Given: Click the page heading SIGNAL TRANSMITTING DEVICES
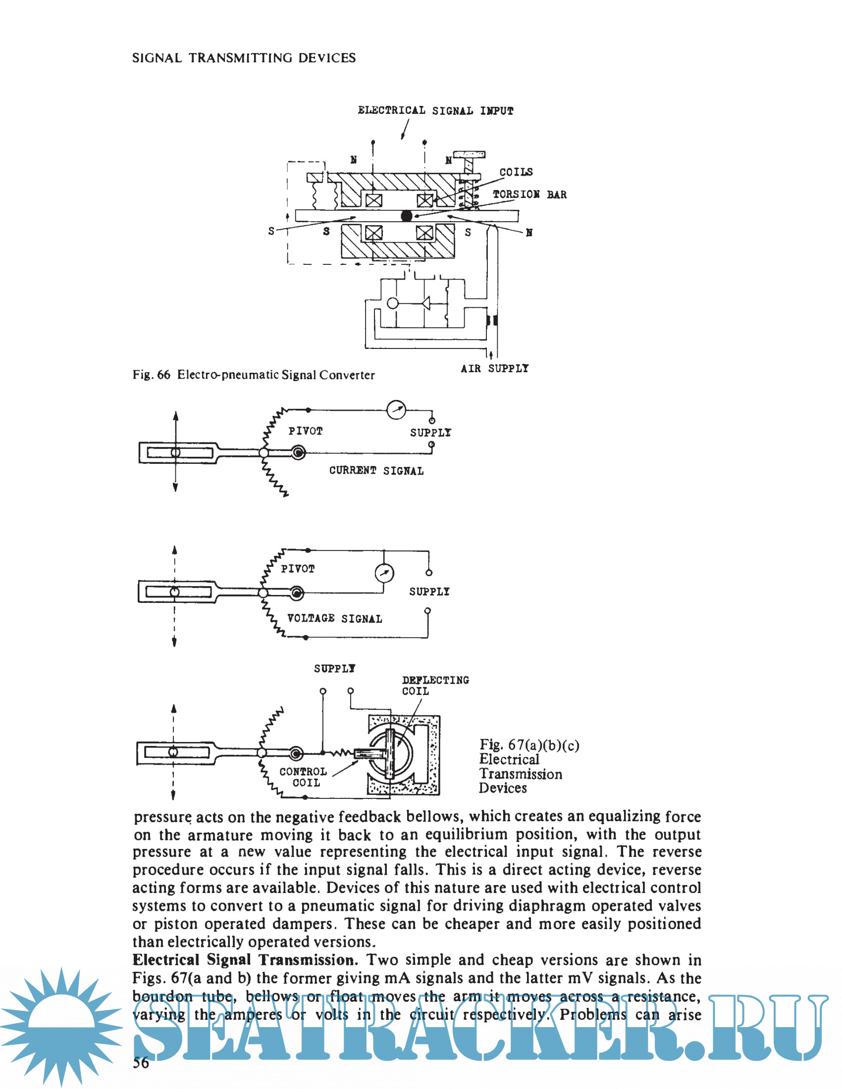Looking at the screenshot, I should tap(244, 58).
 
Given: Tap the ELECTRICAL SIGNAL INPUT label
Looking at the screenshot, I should tap(435, 111).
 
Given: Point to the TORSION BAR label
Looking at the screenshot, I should tap(530, 195).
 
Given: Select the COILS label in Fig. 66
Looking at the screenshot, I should tap(516, 172).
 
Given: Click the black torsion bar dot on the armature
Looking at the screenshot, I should tap(407, 215).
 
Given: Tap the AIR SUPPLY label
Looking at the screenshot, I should tap(494, 368).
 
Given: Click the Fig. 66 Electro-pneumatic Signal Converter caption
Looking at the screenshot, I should tap(254, 375).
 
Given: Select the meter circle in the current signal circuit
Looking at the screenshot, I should tap(397, 410).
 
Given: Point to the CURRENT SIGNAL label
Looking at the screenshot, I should tap(376, 471).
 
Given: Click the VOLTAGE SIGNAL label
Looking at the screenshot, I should tap(335, 618).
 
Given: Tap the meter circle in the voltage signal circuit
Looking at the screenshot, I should tap(384, 573).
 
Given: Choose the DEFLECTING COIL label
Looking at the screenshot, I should tap(435, 686).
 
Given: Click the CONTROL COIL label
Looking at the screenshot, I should tap(303, 777).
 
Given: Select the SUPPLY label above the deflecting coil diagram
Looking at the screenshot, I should tap(335, 669).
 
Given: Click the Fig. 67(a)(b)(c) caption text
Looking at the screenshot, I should tap(529, 766).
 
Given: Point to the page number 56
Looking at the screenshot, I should tap(141, 1063).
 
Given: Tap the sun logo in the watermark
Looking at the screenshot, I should tap(61, 1027).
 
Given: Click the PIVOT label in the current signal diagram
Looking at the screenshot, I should tap(305, 431).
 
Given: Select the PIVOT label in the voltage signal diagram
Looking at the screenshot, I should tap(298, 569).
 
